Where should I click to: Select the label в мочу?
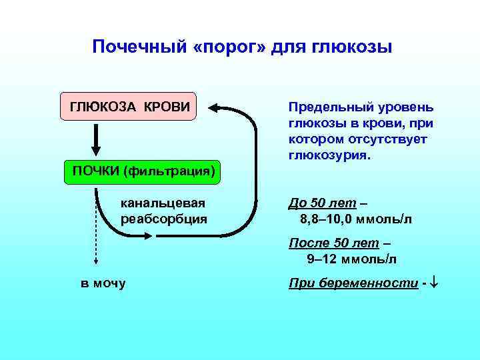point(103,284)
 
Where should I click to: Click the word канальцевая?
point(162,203)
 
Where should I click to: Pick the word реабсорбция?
point(163,219)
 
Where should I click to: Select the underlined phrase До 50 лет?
point(323,203)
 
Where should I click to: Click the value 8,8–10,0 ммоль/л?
point(357,219)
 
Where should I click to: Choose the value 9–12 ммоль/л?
point(351,259)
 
